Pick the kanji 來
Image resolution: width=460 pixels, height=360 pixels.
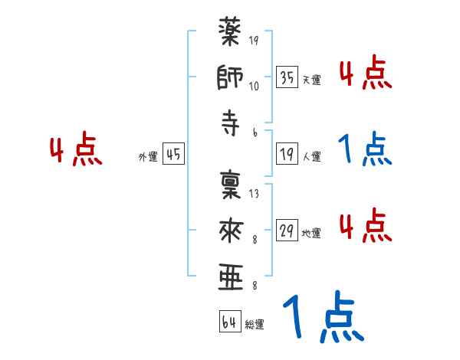[x=231, y=229]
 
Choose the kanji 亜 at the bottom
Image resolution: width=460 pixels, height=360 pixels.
[x=231, y=277]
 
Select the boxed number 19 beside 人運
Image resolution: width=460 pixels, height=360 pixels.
[x=287, y=153]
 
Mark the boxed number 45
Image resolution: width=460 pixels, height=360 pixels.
[x=173, y=153]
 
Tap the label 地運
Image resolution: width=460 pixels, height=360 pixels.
[x=312, y=233]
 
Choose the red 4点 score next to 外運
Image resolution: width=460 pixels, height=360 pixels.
[x=76, y=152]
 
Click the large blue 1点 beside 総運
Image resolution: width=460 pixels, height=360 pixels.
[x=321, y=318]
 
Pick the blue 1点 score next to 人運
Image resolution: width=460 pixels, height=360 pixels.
[x=364, y=151]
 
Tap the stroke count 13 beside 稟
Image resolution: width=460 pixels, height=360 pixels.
[x=254, y=194]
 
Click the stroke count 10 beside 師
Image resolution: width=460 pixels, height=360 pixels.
[x=254, y=86]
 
